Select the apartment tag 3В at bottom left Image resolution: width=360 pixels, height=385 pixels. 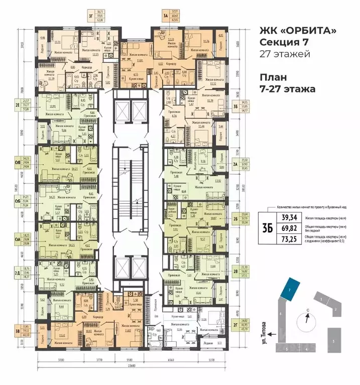coord(18,331)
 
